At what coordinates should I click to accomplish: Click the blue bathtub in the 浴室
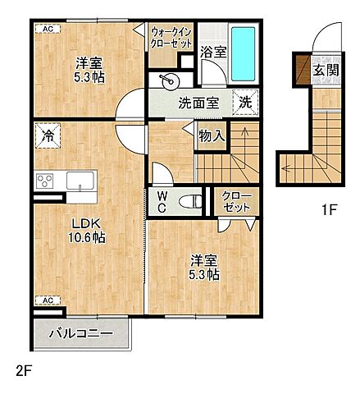click(x=243, y=54)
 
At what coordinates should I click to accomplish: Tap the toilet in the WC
click(x=190, y=202)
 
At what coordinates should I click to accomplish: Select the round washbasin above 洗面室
click(x=167, y=80)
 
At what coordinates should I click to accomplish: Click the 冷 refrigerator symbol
click(x=48, y=135)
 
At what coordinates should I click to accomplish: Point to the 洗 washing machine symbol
click(x=245, y=103)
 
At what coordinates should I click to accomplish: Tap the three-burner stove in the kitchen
click(x=45, y=181)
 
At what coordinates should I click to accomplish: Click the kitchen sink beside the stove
click(x=80, y=181)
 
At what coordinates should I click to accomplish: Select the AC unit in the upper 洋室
click(x=48, y=29)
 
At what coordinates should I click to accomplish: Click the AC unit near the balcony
click(x=48, y=300)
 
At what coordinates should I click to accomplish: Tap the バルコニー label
click(x=81, y=334)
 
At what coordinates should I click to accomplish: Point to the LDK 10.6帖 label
click(x=87, y=231)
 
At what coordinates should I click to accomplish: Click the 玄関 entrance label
click(x=326, y=70)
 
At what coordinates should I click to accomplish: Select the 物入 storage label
click(x=212, y=135)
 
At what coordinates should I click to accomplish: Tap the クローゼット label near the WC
click(x=236, y=202)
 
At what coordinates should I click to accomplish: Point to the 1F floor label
click(x=330, y=210)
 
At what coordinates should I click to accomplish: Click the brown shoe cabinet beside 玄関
click(x=303, y=70)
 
